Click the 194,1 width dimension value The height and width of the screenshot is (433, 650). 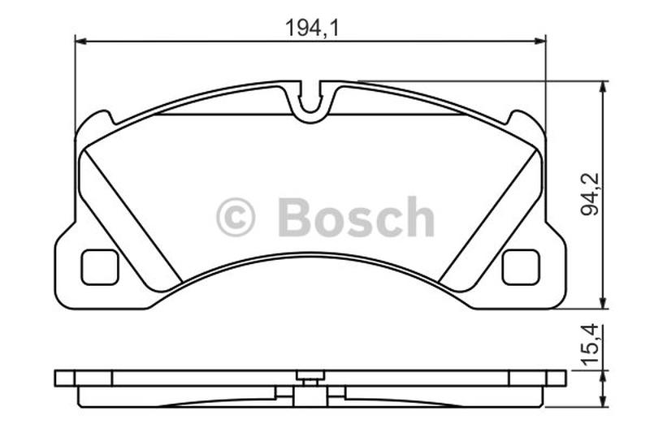coord(312,28)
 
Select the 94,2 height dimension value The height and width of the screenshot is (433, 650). coord(590,194)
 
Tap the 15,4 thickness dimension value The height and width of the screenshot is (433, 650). coord(590,344)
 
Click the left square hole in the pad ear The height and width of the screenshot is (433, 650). coord(99,267)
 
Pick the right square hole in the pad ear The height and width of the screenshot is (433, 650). coord(521,267)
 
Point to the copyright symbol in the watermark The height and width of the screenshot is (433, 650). coord(236,217)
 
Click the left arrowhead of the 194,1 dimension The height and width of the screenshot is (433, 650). coord(80,41)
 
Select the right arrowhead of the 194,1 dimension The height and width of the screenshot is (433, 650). coord(540,41)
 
